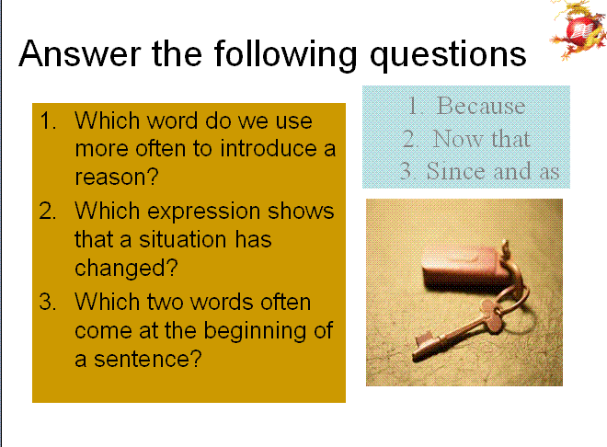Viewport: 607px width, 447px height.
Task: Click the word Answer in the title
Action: tap(80, 53)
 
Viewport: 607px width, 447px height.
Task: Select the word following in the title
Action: tap(286, 55)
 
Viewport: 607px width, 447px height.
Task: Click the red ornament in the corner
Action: tap(577, 30)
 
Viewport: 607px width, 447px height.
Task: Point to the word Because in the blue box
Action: tap(481, 105)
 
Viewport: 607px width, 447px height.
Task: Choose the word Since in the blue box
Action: tap(457, 171)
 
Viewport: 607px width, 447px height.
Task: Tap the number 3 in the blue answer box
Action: tap(406, 171)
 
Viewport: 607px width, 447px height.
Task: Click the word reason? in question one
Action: tap(117, 177)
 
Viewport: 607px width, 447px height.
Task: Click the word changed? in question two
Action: tap(126, 269)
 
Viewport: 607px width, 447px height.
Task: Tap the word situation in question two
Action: tap(183, 239)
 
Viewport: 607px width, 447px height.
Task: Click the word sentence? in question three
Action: tap(148, 359)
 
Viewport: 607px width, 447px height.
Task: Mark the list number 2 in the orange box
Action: tap(47, 212)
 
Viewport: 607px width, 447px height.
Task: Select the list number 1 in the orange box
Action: tap(47, 120)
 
